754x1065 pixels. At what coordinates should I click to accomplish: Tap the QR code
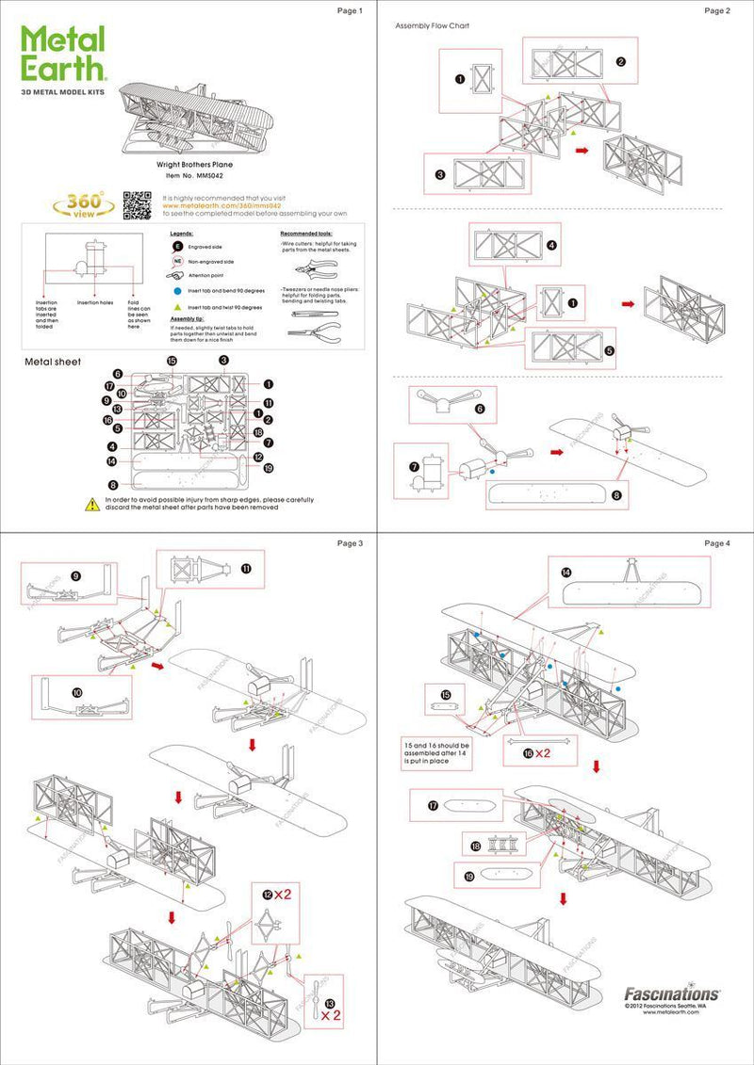point(138,203)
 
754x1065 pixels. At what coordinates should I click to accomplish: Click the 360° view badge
point(85,203)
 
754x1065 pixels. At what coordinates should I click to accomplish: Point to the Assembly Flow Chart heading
point(432,25)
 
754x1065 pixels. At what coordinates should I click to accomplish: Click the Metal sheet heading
point(53,362)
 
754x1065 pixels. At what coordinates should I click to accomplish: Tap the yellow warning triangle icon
point(92,505)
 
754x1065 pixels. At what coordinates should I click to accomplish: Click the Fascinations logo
point(672,992)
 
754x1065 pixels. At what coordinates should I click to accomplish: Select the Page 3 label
point(349,543)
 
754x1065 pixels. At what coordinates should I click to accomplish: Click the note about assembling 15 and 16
point(439,753)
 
